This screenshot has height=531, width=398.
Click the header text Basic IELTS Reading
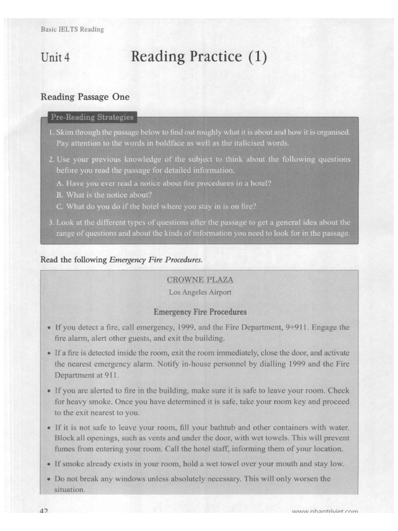[x=72, y=30]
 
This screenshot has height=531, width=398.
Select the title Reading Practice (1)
[x=199, y=56]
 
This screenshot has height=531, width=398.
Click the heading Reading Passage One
[x=85, y=97]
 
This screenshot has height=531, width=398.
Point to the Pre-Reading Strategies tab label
[x=92, y=117]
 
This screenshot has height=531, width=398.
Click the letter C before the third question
[x=59, y=206]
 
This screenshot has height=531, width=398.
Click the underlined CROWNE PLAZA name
[x=200, y=280]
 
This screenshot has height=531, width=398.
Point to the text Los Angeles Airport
[x=200, y=292]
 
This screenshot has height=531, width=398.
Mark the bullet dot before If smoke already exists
[x=48, y=464]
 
